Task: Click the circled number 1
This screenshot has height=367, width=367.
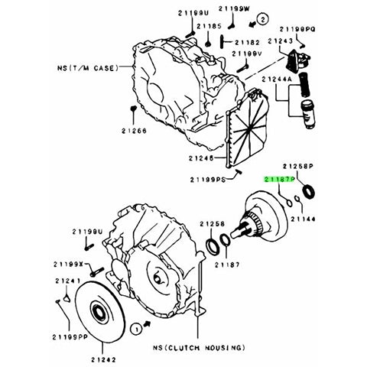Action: [x=136, y=326]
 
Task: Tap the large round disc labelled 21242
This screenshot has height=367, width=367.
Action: [x=98, y=311]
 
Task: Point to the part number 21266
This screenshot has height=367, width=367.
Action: [x=135, y=131]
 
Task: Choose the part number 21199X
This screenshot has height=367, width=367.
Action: [x=68, y=263]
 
